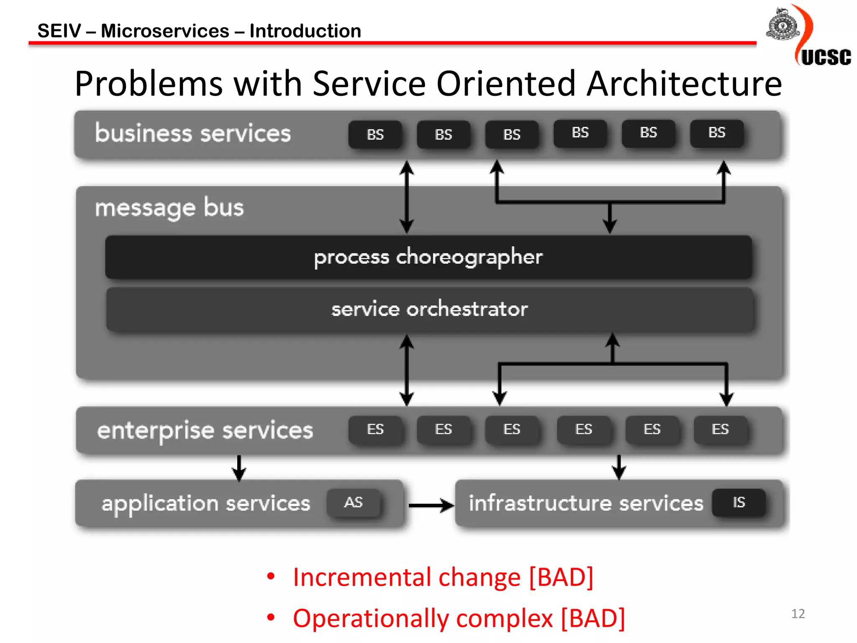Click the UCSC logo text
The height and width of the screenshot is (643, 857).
pos(826,57)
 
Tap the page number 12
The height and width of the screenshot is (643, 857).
pos(798,614)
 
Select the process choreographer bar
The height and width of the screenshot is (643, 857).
pos(428,257)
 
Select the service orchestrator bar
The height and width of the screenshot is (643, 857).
pos(429,309)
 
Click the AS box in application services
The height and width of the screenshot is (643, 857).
pos(354,502)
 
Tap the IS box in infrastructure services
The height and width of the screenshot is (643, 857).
pos(739,502)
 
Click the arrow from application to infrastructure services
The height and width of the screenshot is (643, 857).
pos(431,505)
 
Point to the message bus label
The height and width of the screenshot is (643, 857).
pos(169,208)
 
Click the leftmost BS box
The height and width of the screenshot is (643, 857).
pos(375,134)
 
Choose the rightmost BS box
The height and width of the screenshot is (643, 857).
pos(716,133)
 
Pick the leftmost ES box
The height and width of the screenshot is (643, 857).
pos(375,430)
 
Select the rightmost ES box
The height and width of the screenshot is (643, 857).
pos(720,430)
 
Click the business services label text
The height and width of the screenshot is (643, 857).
pos(192,134)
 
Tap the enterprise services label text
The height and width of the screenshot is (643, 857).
pos(205,430)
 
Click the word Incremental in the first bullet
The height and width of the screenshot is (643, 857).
pos(362,577)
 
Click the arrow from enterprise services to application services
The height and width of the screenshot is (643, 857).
pos(239,468)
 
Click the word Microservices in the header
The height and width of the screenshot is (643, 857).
pos(165,31)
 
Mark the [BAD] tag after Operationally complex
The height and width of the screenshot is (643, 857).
pos(593,618)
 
